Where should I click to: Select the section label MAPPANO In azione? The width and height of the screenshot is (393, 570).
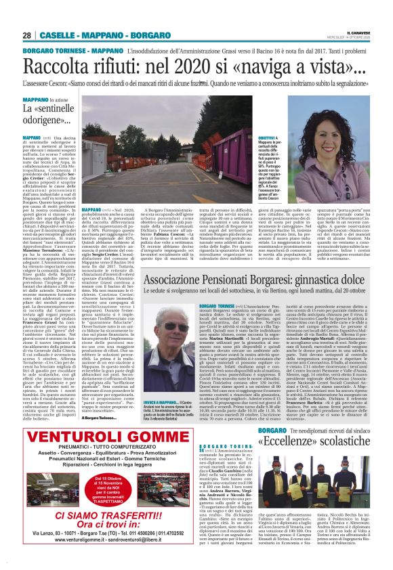(x=45, y=100)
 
